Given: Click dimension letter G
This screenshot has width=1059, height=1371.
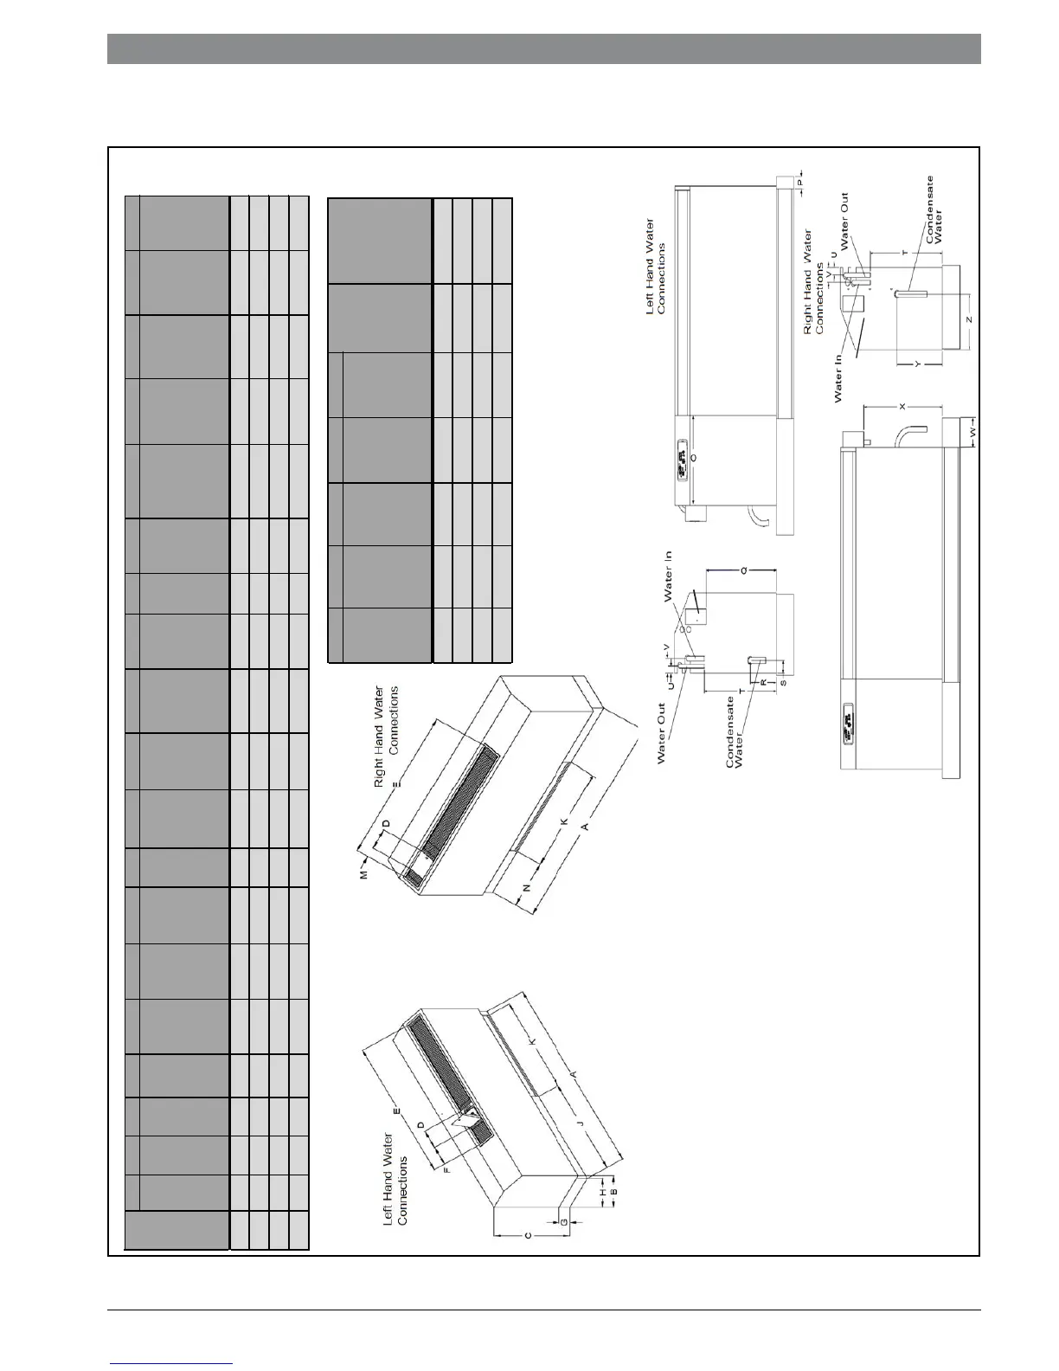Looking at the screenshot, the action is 564,1222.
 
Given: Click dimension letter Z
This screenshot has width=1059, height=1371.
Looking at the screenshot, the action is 969,319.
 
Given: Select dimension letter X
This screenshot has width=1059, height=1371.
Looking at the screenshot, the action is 902,405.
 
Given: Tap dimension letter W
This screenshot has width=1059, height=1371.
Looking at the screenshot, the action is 972,430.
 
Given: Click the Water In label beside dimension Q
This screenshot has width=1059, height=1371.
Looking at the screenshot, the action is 669,577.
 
